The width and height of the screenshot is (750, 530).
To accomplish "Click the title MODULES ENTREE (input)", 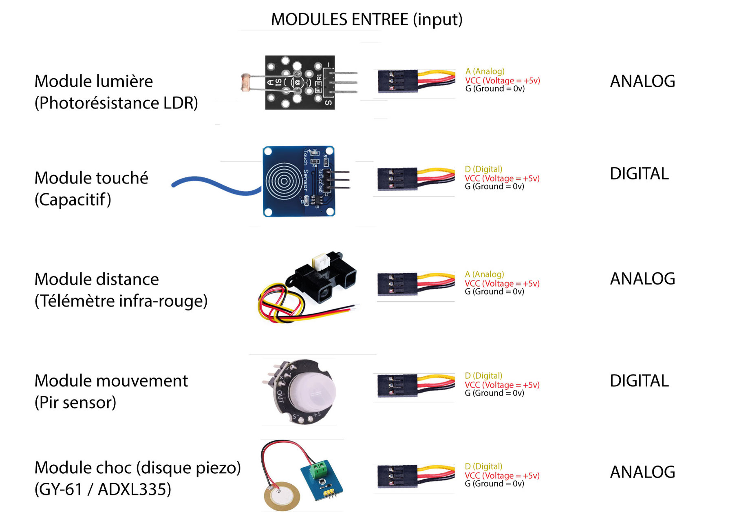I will pos(366,19).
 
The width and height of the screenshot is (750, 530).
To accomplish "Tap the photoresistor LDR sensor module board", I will pos(300,82).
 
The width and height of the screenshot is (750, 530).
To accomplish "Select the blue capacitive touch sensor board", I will pos(299,181).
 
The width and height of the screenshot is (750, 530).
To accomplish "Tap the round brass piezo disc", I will pos(282,496).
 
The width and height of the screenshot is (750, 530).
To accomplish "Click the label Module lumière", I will pos(93,81).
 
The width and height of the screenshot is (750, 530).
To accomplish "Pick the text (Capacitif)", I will pos(73,200).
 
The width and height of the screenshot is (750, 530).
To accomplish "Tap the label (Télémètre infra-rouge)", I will pos(121,301).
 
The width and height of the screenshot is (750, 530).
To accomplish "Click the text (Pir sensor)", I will pos(75,403).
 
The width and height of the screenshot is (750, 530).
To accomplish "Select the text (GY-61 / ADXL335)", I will pos(103,489).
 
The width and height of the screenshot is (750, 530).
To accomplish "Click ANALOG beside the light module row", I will pos(642,81).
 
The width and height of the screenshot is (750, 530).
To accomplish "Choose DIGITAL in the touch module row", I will pos(639,174).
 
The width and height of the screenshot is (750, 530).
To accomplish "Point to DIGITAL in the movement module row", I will pos(639,381).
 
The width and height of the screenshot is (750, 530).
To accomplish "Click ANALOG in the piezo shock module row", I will pos(642,472).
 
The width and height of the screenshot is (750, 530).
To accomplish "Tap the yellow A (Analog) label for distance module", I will pos(484,274).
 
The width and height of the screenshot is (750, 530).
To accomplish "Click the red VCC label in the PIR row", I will pos(502,385).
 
